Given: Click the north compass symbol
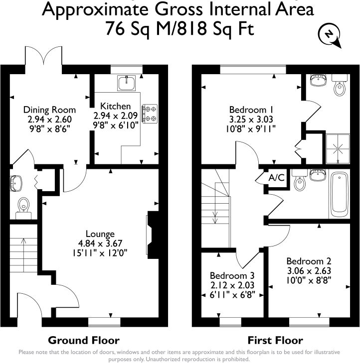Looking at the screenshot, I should pos(328,35).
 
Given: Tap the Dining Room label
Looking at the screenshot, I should pos(49,110).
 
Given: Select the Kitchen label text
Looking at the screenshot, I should pos(115,106).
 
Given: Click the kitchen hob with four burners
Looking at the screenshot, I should pos(150,113).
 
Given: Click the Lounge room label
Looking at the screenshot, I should pos(100,234).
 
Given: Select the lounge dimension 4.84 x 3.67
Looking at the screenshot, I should pos(100,243).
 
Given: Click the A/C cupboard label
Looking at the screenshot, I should pos(277,178).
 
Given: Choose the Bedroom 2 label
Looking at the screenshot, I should pos(309,261).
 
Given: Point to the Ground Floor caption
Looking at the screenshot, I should pos(83,341).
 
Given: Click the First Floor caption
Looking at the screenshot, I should pos(275,341).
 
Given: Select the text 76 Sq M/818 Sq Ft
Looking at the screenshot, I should pos(180,28).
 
